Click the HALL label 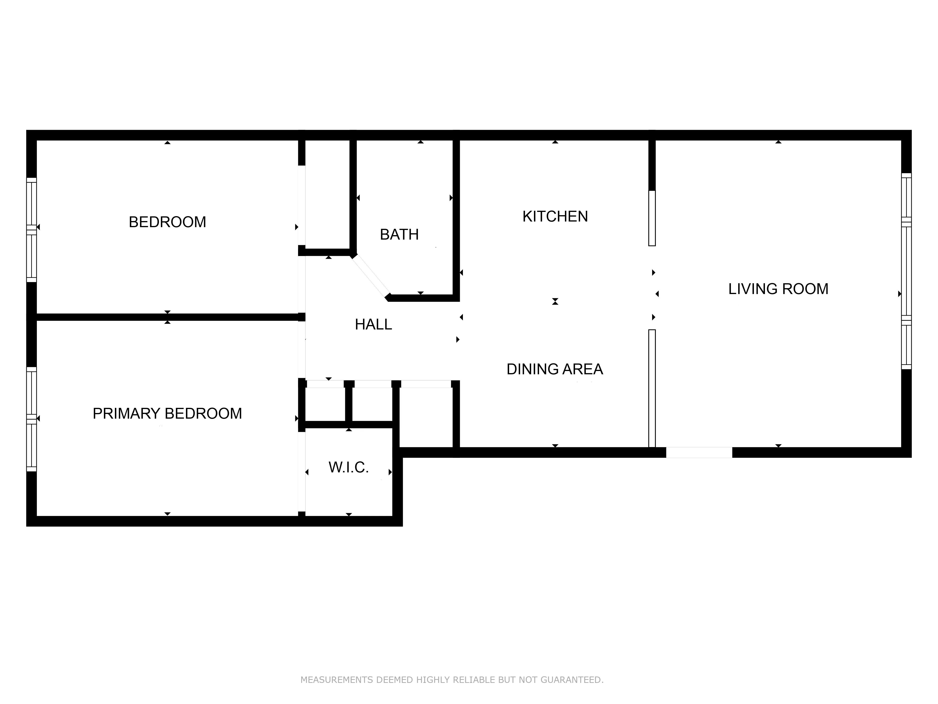(373, 325)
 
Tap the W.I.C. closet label (348, 468)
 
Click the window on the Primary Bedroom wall (31, 419)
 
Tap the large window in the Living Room (906, 271)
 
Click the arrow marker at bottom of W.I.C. (348, 514)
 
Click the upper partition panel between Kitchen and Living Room (652, 218)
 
